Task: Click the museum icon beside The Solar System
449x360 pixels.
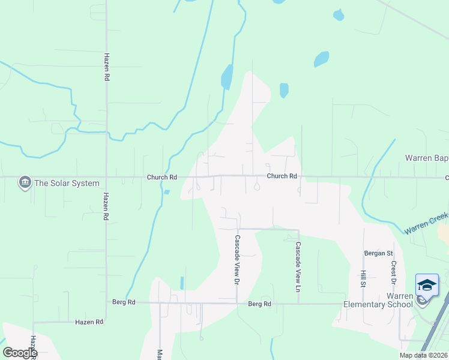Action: point(25,182)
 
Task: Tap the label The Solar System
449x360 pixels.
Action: point(67,183)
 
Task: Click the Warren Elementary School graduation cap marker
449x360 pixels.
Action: point(427,285)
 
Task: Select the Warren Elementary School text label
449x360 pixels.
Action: point(378,300)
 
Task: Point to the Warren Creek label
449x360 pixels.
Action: point(426,223)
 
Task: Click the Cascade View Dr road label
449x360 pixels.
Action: point(237,259)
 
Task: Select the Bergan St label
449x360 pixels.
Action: point(378,253)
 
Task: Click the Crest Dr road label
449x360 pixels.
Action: point(394,272)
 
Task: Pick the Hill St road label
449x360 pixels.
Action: point(363,278)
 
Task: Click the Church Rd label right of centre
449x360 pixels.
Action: point(282,176)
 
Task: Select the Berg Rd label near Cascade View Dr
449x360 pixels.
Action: point(259,304)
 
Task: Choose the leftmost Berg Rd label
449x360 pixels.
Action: point(124,302)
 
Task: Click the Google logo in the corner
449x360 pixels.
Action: point(19,353)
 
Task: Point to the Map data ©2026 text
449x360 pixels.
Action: point(423,355)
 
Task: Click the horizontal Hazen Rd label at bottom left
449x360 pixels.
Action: point(89,322)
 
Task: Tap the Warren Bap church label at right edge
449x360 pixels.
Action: point(426,158)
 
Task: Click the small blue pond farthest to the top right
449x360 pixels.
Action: point(339,14)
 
